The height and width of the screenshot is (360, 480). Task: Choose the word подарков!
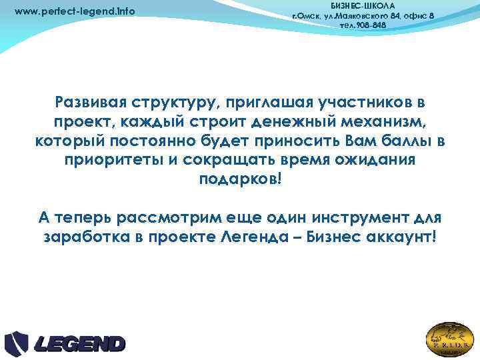click(x=241, y=181)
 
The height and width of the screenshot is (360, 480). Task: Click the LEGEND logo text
click(x=79, y=344)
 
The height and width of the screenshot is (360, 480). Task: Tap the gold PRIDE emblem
click(x=450, y=339)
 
